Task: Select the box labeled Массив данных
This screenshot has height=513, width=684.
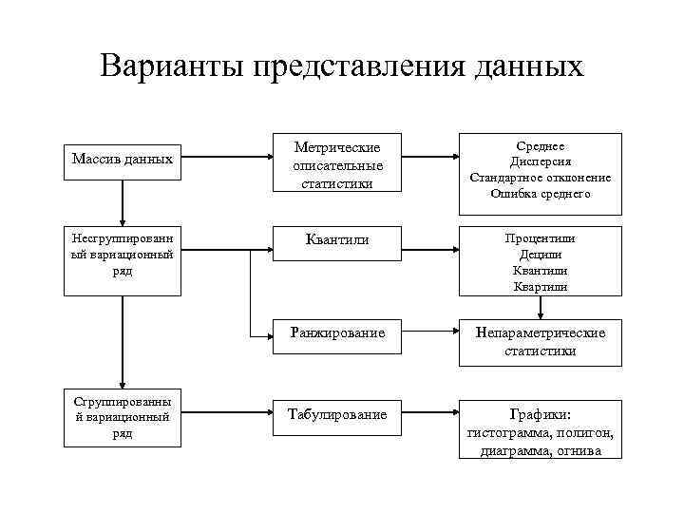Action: point(122,159)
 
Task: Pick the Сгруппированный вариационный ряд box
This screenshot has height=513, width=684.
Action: point(122,417)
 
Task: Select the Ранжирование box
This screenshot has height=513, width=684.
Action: point(337,333)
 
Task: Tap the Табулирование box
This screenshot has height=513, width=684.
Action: point(337,414)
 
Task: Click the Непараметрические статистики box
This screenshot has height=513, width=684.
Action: point(541,342)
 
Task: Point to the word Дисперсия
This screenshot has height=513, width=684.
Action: point(541,161)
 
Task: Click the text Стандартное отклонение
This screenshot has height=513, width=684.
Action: point(541,178)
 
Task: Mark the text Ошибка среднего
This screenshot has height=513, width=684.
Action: point(541,194)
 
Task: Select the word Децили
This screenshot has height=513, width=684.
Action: point(541,255)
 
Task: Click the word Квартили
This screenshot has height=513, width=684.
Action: point(541,286)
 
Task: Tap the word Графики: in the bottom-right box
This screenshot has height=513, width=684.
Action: point(541,414)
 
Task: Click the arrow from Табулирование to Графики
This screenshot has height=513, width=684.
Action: point(431,414)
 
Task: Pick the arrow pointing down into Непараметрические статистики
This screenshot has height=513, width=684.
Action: point(541,306)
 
